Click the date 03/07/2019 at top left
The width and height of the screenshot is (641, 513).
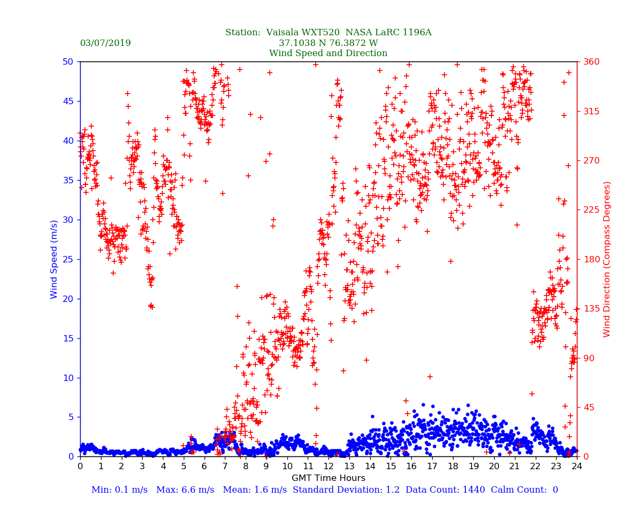[105, 43]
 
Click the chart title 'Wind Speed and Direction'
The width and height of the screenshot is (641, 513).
[328, 53]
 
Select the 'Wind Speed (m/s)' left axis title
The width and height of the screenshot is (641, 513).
[54, 259]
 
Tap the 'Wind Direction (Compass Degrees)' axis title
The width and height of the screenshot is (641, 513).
[607, 259]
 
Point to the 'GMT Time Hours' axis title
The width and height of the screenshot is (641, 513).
[328, 478]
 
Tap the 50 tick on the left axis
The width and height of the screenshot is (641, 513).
[68, 61]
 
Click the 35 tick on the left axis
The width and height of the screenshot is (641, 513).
[68, 180]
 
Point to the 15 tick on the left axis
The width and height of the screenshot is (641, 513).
[68, 338]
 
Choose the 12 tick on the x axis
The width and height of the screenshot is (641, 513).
[328, 467]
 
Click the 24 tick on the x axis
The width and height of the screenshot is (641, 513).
[577, 467]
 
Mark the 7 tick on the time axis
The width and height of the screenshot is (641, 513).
[225, 467]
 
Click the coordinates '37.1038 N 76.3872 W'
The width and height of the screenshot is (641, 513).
[328, 43]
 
